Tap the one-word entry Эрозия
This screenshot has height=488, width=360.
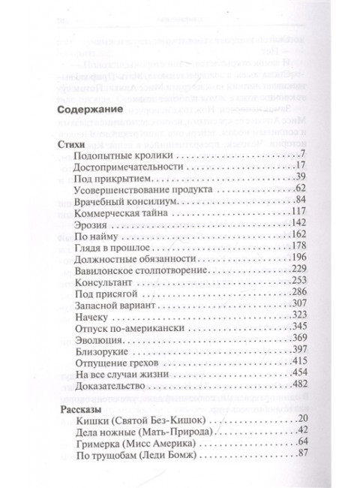tap(93, 232)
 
